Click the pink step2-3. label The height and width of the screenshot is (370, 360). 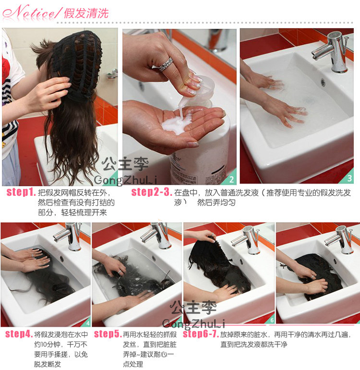click(151, 193)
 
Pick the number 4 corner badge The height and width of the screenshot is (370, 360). click(87, 322)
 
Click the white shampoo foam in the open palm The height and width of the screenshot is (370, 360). click(175, 124)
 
